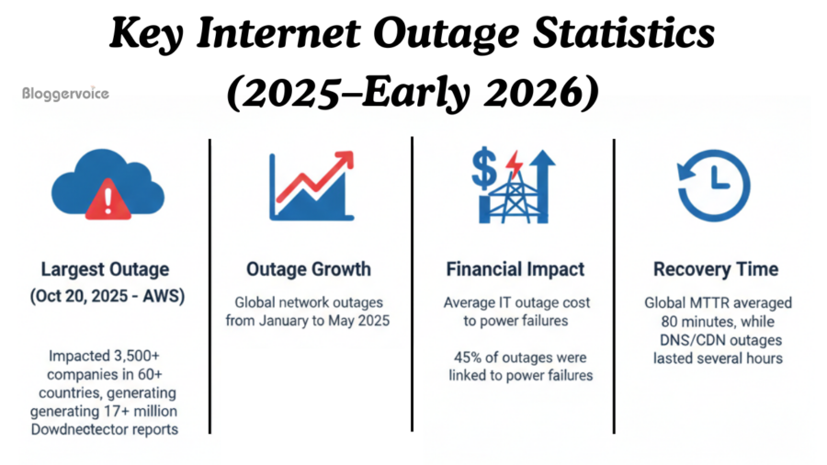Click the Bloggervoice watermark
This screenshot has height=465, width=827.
click(65, 94)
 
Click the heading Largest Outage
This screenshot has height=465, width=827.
click(105, 269)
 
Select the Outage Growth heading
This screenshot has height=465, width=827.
click(309, 269)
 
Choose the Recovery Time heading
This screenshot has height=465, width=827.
click(716, 269)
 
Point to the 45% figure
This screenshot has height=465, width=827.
click(470, 357)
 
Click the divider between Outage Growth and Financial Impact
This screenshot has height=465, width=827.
click(413, 285)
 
